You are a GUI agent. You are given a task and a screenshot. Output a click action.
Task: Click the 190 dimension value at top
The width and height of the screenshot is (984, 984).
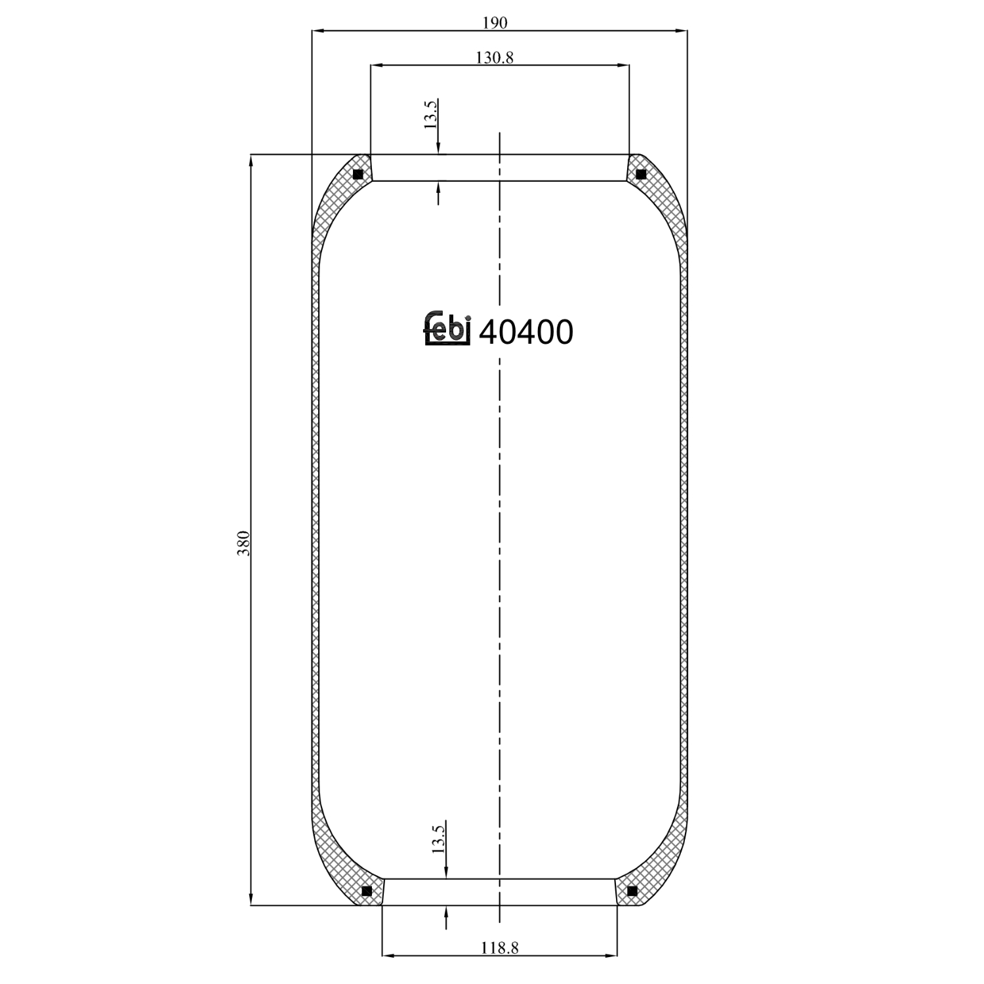(495, 23)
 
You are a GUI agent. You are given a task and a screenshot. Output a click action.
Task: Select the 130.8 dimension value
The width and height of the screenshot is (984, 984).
(495, 58)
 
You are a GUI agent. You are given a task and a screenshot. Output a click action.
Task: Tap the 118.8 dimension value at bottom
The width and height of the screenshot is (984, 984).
(499, 948)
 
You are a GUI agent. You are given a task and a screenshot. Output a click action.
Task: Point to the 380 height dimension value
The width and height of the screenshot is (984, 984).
(243, 544)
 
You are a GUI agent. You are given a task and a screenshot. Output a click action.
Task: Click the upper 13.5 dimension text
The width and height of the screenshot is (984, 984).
(431, 114)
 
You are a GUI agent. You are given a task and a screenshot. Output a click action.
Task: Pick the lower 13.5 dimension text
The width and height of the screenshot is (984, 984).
(439, 838)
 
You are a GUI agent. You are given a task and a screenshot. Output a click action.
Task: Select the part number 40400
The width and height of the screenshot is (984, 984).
(526, 333)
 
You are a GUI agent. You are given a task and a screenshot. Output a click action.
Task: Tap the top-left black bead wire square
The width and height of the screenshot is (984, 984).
(358, 174)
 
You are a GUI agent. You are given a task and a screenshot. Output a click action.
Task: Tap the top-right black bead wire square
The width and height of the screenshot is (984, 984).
(641, 174)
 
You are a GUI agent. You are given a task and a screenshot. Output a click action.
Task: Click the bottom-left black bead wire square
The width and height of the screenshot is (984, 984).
(367, 891)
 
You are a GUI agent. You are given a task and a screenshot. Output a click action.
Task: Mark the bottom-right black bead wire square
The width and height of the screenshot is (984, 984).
(632, 891)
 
